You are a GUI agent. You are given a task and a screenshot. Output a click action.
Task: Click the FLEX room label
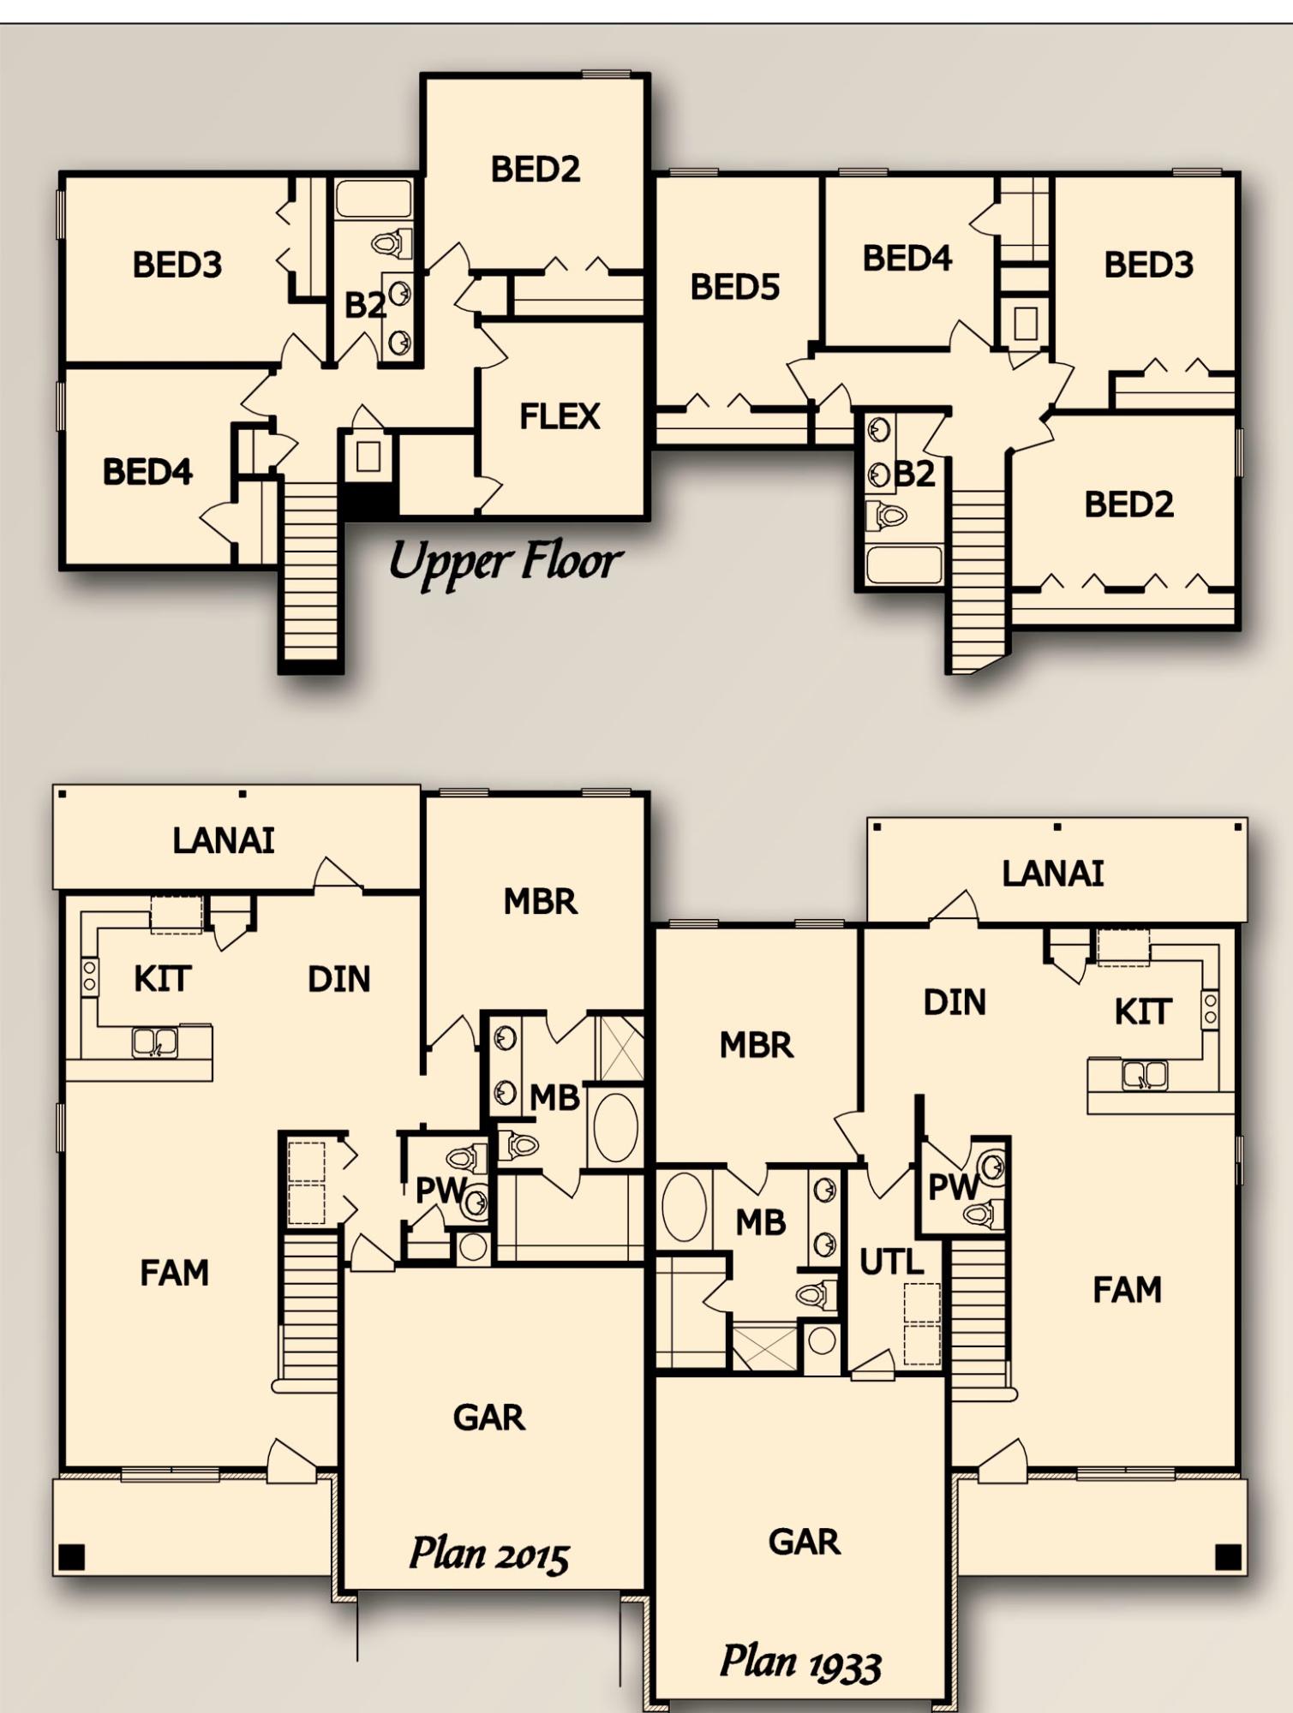click(560, 417)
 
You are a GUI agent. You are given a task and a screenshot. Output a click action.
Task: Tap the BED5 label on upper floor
click(735, 288)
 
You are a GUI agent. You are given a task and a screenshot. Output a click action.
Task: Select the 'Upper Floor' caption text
click(505, 563)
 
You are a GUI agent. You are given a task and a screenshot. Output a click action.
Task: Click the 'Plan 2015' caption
click(489, 1553)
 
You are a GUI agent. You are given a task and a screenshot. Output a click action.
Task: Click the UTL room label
click(891, 1262)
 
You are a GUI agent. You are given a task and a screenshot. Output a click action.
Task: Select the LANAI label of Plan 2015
click(224, 841)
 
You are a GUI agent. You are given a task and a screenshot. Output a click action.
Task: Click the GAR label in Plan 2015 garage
click(488, 1418)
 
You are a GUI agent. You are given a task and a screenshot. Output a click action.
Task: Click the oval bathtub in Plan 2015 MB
click(615, 1127)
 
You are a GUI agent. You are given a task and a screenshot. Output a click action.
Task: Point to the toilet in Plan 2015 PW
click(465, 1159)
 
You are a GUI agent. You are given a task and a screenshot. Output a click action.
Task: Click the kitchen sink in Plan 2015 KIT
click(155, 1042)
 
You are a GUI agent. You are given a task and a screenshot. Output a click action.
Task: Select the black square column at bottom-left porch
click(72, 1556)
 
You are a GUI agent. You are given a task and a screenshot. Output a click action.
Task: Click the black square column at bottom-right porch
click(1228, 1556)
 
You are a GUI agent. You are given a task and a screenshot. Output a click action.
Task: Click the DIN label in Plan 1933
click(955, 1003)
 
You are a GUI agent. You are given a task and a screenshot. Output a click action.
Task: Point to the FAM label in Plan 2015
click(174, 1274)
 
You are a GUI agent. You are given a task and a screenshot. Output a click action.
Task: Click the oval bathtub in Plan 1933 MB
click(684, 1207)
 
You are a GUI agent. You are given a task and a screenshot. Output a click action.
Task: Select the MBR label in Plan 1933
click(756, 1046)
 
